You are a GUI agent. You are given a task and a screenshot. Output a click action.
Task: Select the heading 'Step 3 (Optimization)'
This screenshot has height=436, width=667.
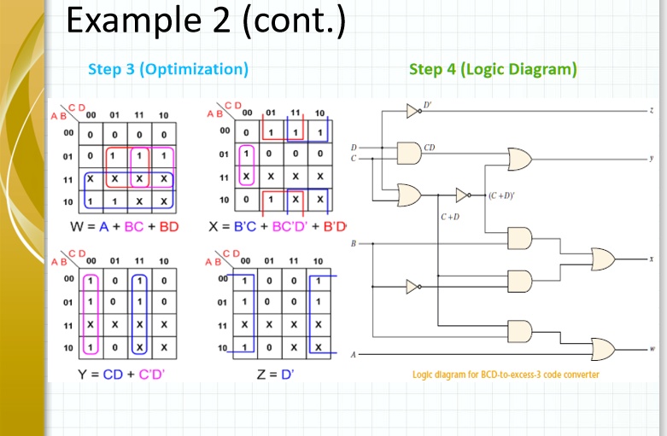click(x=168, y=69)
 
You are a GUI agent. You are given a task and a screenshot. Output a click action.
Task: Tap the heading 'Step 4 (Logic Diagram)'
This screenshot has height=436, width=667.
click(x=493, y=69)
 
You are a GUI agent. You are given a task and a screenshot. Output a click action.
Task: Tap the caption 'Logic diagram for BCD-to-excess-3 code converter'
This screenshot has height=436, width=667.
click(x=506, y=375)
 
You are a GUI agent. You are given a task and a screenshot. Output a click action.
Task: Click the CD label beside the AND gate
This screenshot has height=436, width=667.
click(x=430, y=148)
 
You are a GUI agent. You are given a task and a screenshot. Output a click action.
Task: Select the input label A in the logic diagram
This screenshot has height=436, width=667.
click(x=353, y=353)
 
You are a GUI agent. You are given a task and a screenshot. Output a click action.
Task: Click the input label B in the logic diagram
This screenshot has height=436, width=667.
click(x=353, y=244)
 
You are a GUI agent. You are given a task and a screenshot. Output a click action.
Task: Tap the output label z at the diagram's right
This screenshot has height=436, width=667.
click(x=651, y=111)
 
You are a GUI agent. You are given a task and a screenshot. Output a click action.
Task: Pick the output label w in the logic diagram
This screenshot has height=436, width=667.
click(x=651, y=348)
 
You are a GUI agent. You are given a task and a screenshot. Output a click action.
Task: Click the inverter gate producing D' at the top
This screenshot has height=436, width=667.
click(x=412, y=111)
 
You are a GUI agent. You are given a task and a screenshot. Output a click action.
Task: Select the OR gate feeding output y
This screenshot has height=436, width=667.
click(x=519, y=158)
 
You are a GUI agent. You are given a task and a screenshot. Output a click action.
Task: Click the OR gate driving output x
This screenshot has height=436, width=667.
click(x=603, y=259)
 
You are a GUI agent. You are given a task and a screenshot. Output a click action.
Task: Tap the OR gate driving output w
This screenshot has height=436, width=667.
click(x=603, y=348)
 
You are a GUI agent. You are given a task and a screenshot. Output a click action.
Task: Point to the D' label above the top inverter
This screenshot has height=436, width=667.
click(x=427, y=104)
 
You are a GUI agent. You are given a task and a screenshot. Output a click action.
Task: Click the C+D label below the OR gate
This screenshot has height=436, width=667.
click(x=450, y=217)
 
